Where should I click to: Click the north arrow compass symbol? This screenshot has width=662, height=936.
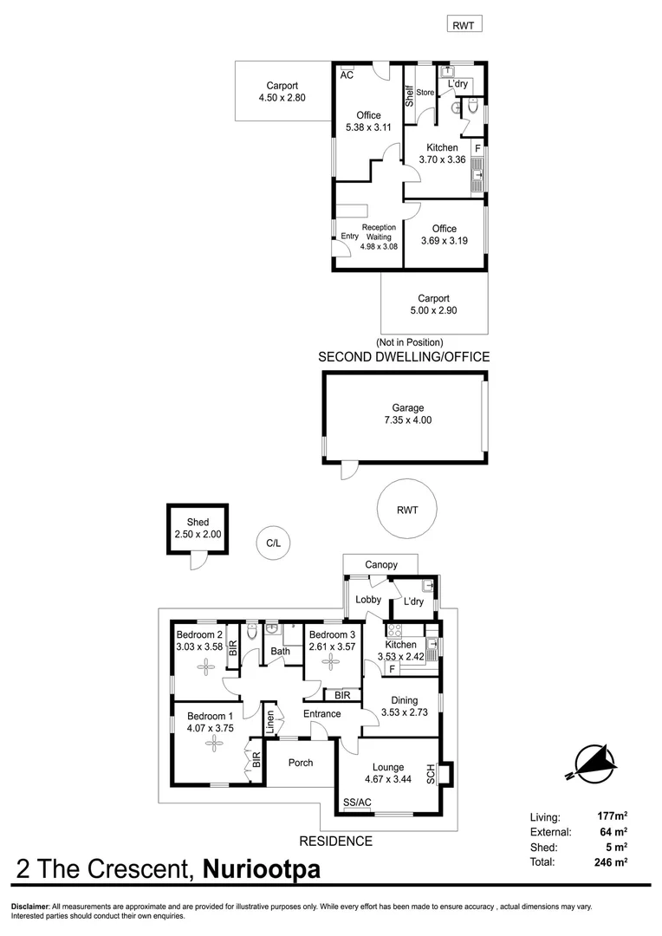pos(594,762)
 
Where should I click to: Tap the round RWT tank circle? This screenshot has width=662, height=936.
pos(406,510)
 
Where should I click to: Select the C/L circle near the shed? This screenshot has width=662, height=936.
pos(273,543)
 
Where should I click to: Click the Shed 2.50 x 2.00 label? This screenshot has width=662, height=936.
pos(198,529)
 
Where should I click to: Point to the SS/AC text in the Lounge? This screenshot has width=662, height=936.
pos(357,802)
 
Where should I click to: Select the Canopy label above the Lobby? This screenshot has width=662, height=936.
pos(380,565)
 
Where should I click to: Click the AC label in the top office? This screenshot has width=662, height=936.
pos(347,75)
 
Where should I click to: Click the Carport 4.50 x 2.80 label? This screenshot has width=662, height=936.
pos(282,92)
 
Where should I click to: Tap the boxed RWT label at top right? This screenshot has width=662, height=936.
pos(464,25)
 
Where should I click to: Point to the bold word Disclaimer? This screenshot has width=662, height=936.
pos(29,907)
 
